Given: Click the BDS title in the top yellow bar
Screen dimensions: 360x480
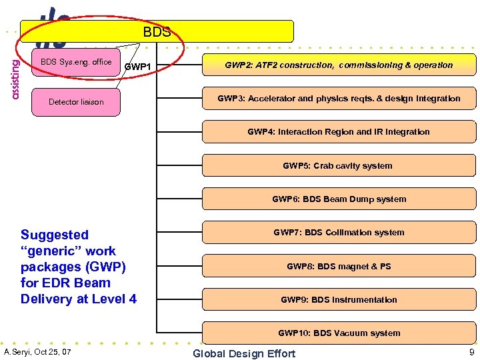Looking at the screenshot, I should [157, 31].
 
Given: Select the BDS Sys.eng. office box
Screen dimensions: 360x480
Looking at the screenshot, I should [76, 62].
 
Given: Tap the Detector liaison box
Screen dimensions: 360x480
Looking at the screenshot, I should [76, 102].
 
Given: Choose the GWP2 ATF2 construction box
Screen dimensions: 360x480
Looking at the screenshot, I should [339, 65].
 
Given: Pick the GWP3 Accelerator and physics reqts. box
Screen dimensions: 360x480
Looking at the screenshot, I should [339, 98].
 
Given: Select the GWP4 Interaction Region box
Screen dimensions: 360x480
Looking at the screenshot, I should [339, 131].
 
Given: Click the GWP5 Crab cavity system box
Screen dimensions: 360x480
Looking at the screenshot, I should [339, 165].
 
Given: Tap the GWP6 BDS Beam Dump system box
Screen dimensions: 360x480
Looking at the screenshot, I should [339, 199].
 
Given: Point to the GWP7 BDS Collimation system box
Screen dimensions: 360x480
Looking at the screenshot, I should [339, 232].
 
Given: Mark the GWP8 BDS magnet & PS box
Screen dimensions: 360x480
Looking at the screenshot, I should [339, 266].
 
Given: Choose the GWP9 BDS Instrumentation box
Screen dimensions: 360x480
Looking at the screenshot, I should [339, 299].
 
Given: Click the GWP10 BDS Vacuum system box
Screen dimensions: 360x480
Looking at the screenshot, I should [339, 333].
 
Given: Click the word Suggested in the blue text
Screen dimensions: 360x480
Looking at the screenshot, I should [55, 235].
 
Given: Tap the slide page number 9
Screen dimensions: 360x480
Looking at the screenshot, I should [471, 351].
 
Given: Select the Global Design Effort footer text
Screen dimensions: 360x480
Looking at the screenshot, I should [244, 353].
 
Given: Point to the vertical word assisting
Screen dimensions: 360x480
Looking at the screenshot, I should [15, 77].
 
